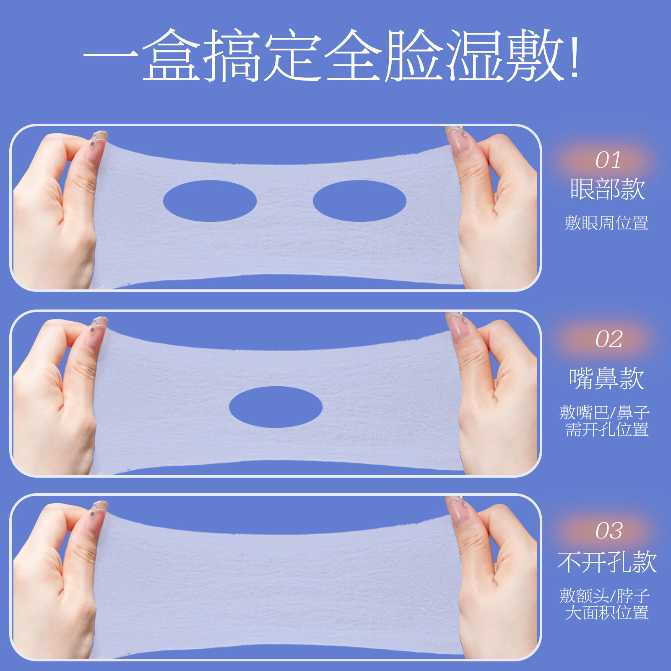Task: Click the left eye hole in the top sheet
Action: click(210, 201)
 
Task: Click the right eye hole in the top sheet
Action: click(359, 201)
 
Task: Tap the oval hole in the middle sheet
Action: click(276, 407)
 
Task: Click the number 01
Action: click(608, 160)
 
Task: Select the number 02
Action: click(609, 339)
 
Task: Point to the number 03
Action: click(609, 531)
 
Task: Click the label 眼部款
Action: click(607, 189)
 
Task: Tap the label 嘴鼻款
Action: click(606, 379)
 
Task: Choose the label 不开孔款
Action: click(607, 562)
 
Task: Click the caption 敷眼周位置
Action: click(606, 223)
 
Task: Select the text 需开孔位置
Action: click(607, 430)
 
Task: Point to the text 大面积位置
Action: click(607, 613)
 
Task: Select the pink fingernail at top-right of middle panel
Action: click(458, 325)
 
